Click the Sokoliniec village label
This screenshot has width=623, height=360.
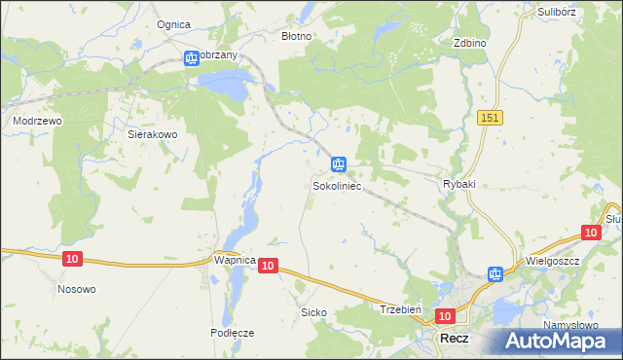click(x=337, y=184)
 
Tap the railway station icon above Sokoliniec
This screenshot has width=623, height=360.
click(x=338, y=164)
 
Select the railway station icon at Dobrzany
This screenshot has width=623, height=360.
click(x=192, y=58)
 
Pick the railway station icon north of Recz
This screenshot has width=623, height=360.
click(x=495, y=274)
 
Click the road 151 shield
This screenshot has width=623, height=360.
click(x=490, y=117)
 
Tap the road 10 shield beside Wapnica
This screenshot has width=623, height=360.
click(x=269, y=265)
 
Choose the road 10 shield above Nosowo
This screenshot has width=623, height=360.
click(x=72, y=258)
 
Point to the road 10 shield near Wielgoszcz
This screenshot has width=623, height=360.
click(x=590, y=232)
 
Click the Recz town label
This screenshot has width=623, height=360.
click(x=456, y=338)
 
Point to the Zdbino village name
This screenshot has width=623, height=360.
click(x=469, y=43)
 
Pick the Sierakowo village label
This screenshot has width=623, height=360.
click(x=152, y=135)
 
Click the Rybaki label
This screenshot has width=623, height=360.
click(x=458, y=184)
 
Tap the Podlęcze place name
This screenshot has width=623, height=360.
click(x=232, y=332)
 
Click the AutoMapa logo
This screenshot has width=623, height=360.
click(x=558, y=341)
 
